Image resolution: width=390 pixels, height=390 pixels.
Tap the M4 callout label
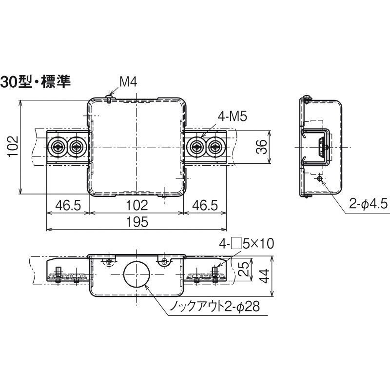tap(128, 82)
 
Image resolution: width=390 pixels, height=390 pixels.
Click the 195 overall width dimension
tap(136, 222)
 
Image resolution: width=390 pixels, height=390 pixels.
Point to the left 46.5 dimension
tap(68, 205)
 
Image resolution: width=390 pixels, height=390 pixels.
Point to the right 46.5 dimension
tap(204, 205)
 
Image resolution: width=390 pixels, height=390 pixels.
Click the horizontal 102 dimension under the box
tap(137, 205)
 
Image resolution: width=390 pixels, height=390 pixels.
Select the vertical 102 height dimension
tap(13, 147)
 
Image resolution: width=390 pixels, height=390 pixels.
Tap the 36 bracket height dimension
tap(262, 147)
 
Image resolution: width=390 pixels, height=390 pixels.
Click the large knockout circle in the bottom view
tap(136, 276)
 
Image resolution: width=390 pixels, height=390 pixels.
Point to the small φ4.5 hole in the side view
tap(319, 179)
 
